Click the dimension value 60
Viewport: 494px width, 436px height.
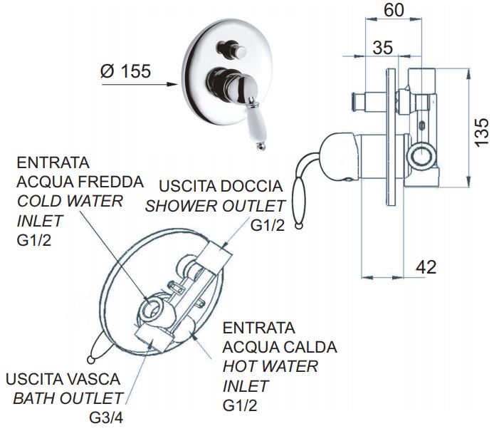click(394, 10)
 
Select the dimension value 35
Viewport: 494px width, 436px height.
click(383, 48)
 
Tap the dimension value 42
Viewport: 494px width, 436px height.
click(426, 267)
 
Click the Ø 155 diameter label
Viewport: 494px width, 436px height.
click(126, 71)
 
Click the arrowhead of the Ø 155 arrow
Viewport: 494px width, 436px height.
click(172, 85)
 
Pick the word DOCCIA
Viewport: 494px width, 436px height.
click(251, 186)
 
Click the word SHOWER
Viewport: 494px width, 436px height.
click(182, 206)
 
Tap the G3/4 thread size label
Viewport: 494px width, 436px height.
click(106, 418)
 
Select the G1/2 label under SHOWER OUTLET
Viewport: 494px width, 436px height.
click(268, 225)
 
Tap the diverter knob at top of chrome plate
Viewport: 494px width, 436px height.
click(233, 49)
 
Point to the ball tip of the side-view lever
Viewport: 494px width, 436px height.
click(299, 225)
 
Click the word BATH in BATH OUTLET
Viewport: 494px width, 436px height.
click(34, 398)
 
